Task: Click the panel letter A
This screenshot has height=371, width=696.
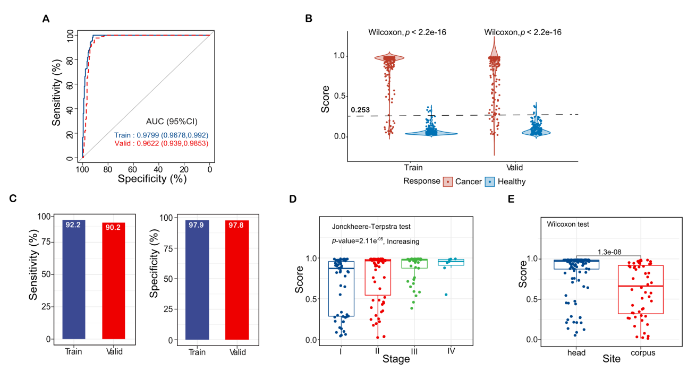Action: (46, 20)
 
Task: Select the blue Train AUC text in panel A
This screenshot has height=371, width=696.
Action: (161, 135)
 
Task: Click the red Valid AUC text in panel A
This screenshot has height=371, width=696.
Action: (161, 143)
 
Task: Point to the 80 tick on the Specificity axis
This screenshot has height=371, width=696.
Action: (108, 169)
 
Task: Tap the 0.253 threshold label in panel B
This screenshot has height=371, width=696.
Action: (360, 110)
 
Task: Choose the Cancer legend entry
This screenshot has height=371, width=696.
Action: (460, 181)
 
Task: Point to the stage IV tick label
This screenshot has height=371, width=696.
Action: (450, 351)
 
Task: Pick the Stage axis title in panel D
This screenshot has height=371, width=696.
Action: (396, 359)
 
